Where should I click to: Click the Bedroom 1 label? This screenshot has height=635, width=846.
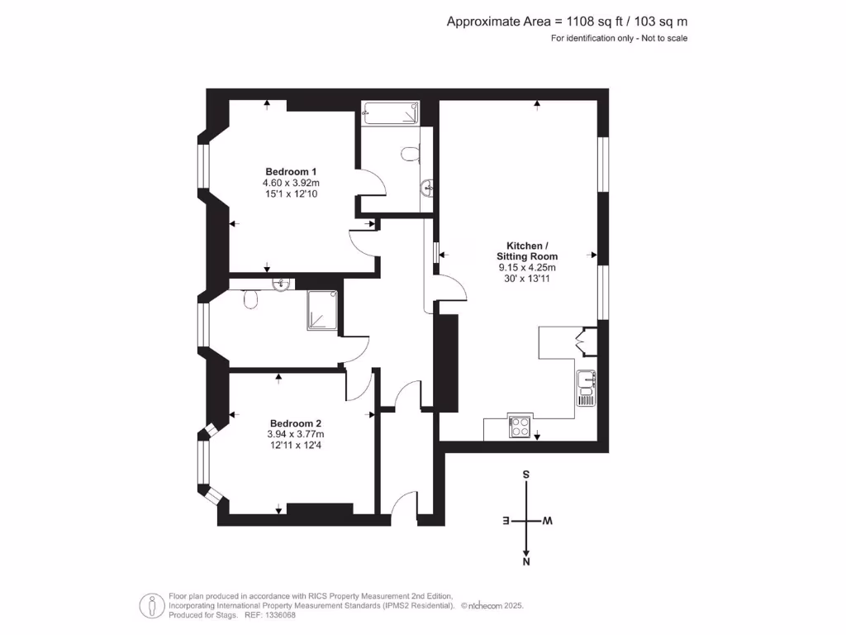pyautogui.click(x=291, y=171)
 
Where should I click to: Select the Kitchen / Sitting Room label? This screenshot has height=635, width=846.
pyautogui.click(x=526, y=251)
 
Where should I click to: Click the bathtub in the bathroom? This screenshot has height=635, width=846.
pyautogui.click(x=391, y=113)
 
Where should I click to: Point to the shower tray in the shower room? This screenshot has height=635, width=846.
pyautogui.click(x=323, y=311)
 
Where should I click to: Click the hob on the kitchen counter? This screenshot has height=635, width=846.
pyautogui.click(x=521, y=426)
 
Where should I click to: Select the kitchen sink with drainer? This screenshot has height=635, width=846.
pyautogui.click(x=586, y=388)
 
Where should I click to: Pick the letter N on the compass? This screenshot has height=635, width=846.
pyautogui.click(x=526, y=562)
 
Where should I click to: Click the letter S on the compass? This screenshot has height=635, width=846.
pyautogui.click(x=526, y=475)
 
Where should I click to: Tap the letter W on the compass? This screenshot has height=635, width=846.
pyautogui.click(x=547, y=521)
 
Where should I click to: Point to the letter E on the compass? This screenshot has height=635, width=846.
pyautogui.click(x=506, y=521)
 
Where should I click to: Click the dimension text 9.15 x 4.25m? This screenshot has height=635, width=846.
pyautogui.click(x=526, y=268)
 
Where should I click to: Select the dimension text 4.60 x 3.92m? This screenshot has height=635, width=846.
pyautogui.click(x=291, y=183)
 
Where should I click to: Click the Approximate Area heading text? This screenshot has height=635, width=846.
pyautogui.click(x=567, y=21)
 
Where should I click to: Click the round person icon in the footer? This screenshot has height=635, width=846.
pyautogui.click(x=150, y=605)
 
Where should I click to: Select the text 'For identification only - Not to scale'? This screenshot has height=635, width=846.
pyautogui.click(x=619, y=38)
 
